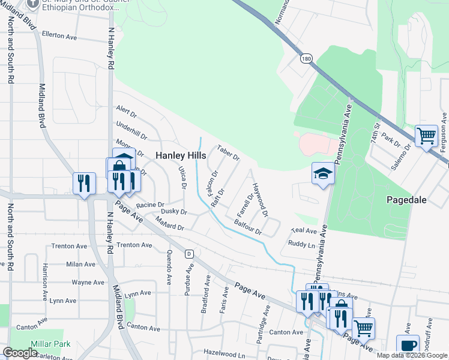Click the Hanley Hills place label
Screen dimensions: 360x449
[181, 155]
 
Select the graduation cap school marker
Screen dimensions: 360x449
[323, 174]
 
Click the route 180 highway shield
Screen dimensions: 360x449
[307, 59]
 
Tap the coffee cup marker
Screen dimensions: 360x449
[408, 345]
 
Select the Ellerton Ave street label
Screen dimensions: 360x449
[61, 37]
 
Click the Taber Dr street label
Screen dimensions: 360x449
[228, 152]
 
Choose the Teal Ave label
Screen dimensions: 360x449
[303, 231]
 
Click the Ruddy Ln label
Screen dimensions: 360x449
[301, 244]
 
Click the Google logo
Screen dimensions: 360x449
[20, 353]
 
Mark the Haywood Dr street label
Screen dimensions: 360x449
[260, 200]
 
